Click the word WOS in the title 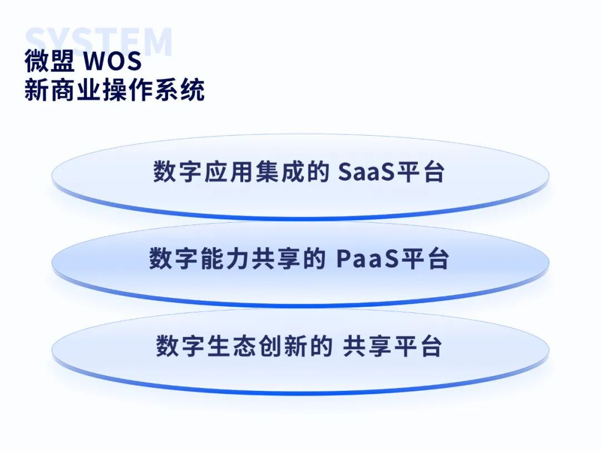click(x=112, y=61)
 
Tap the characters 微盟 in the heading click(x=50, y=61)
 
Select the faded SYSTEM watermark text click(x=98, y=41)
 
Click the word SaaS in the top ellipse click(x=366, y=172)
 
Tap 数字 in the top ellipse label click(x=178, y=171)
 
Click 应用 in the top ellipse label click(x=229, y=171)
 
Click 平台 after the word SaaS click(x=421, y=171)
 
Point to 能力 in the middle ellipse click(x=225, y=258)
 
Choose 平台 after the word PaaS click(x=424, y=258)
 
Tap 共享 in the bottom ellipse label click(x=367, y=346)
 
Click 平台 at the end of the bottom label click(x=418, y=346)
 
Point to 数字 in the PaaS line click(x=174, y=258)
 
